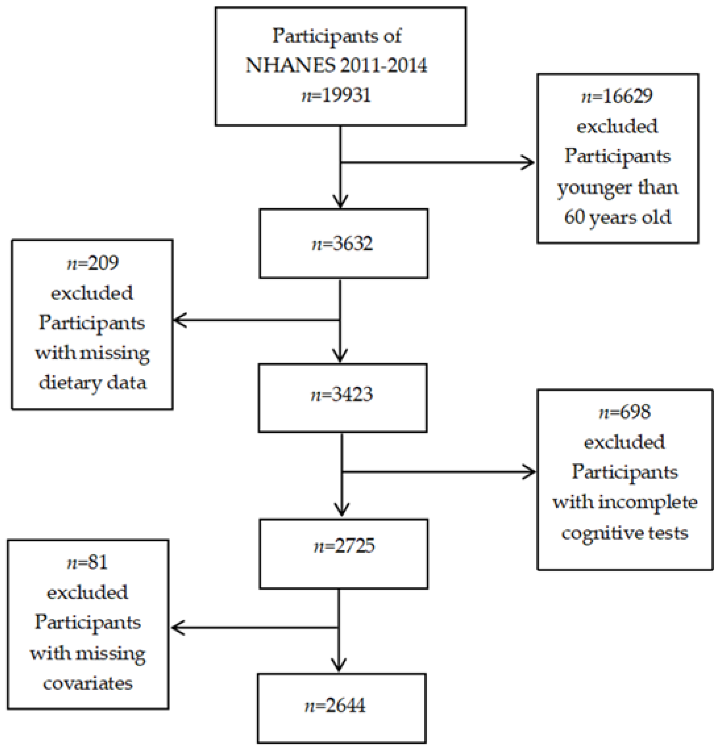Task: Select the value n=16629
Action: click(617, 96)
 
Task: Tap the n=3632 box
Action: click(343, 244)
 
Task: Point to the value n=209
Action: click(93, 263)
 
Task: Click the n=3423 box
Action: click(342, 394)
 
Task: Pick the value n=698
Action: click(625, 412)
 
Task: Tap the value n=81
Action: click(87, 562)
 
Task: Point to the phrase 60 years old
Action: click(617, 217)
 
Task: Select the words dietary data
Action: click(93, 383)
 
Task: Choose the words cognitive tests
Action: click(625, 533)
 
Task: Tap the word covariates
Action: click(88, 683)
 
